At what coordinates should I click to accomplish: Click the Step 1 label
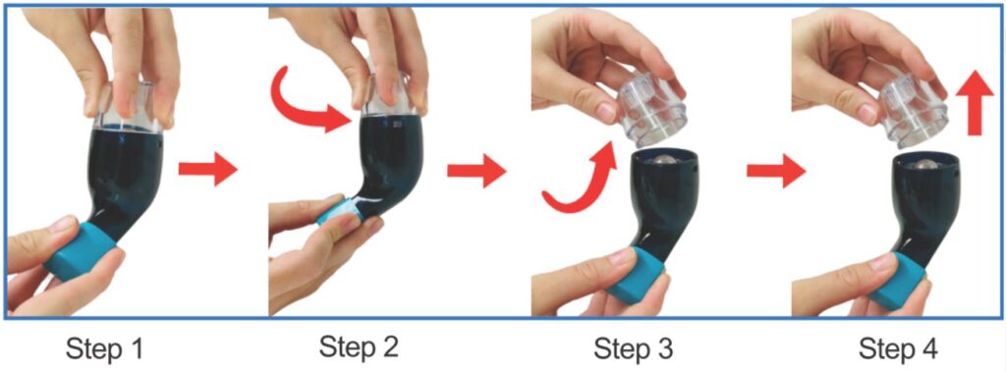pos(103,350)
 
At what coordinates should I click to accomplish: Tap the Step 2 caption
pos(359,347)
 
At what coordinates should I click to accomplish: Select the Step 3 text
pos(634,349)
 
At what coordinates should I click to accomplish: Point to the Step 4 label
pos(899,349)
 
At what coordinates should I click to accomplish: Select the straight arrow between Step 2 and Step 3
pos(476,171)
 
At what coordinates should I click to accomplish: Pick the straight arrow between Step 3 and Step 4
pos(776,171)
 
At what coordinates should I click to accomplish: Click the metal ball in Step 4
pos(922,166)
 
